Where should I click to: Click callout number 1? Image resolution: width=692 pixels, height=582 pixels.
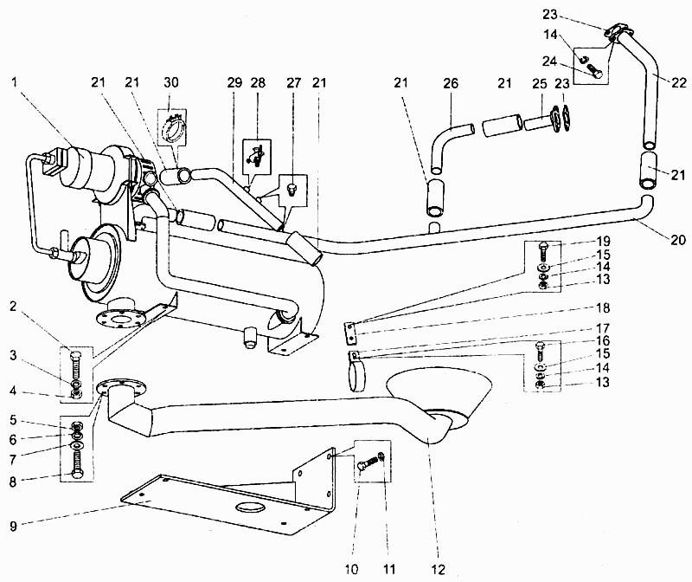point(15,82)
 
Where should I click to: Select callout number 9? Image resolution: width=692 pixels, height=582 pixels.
point(13,526)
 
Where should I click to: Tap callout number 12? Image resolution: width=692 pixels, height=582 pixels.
point(439,569)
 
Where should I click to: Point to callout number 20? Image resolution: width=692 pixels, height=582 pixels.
point(678,240)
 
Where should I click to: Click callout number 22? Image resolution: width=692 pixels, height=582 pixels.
point(680,82)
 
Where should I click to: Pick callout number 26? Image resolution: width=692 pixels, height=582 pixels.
point(451,82)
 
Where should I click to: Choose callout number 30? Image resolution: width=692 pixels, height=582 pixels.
point(171,82)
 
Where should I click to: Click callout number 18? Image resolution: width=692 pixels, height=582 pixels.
point(603,307)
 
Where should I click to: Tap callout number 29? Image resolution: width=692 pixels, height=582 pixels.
point(235,82)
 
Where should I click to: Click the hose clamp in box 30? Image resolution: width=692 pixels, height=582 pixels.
point(173,128)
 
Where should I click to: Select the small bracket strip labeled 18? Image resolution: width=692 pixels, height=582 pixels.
point(349,333)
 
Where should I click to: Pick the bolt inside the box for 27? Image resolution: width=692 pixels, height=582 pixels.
point(291,191)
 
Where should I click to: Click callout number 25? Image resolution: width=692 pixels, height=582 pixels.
point(539,82)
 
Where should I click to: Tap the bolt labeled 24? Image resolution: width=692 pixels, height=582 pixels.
point(594,69)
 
